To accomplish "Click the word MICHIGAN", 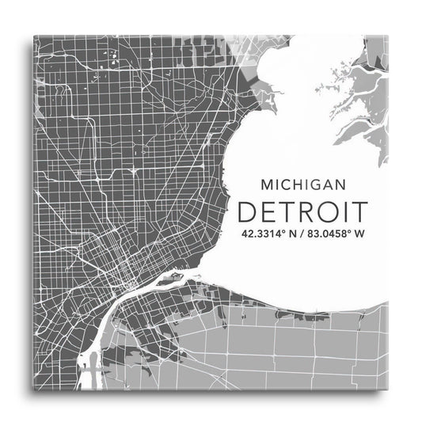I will tap(303, 184).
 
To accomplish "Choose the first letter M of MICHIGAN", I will tap(266, 184).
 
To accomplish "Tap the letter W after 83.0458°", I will tap(361, 234).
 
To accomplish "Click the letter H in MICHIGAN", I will tap(298, 184).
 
